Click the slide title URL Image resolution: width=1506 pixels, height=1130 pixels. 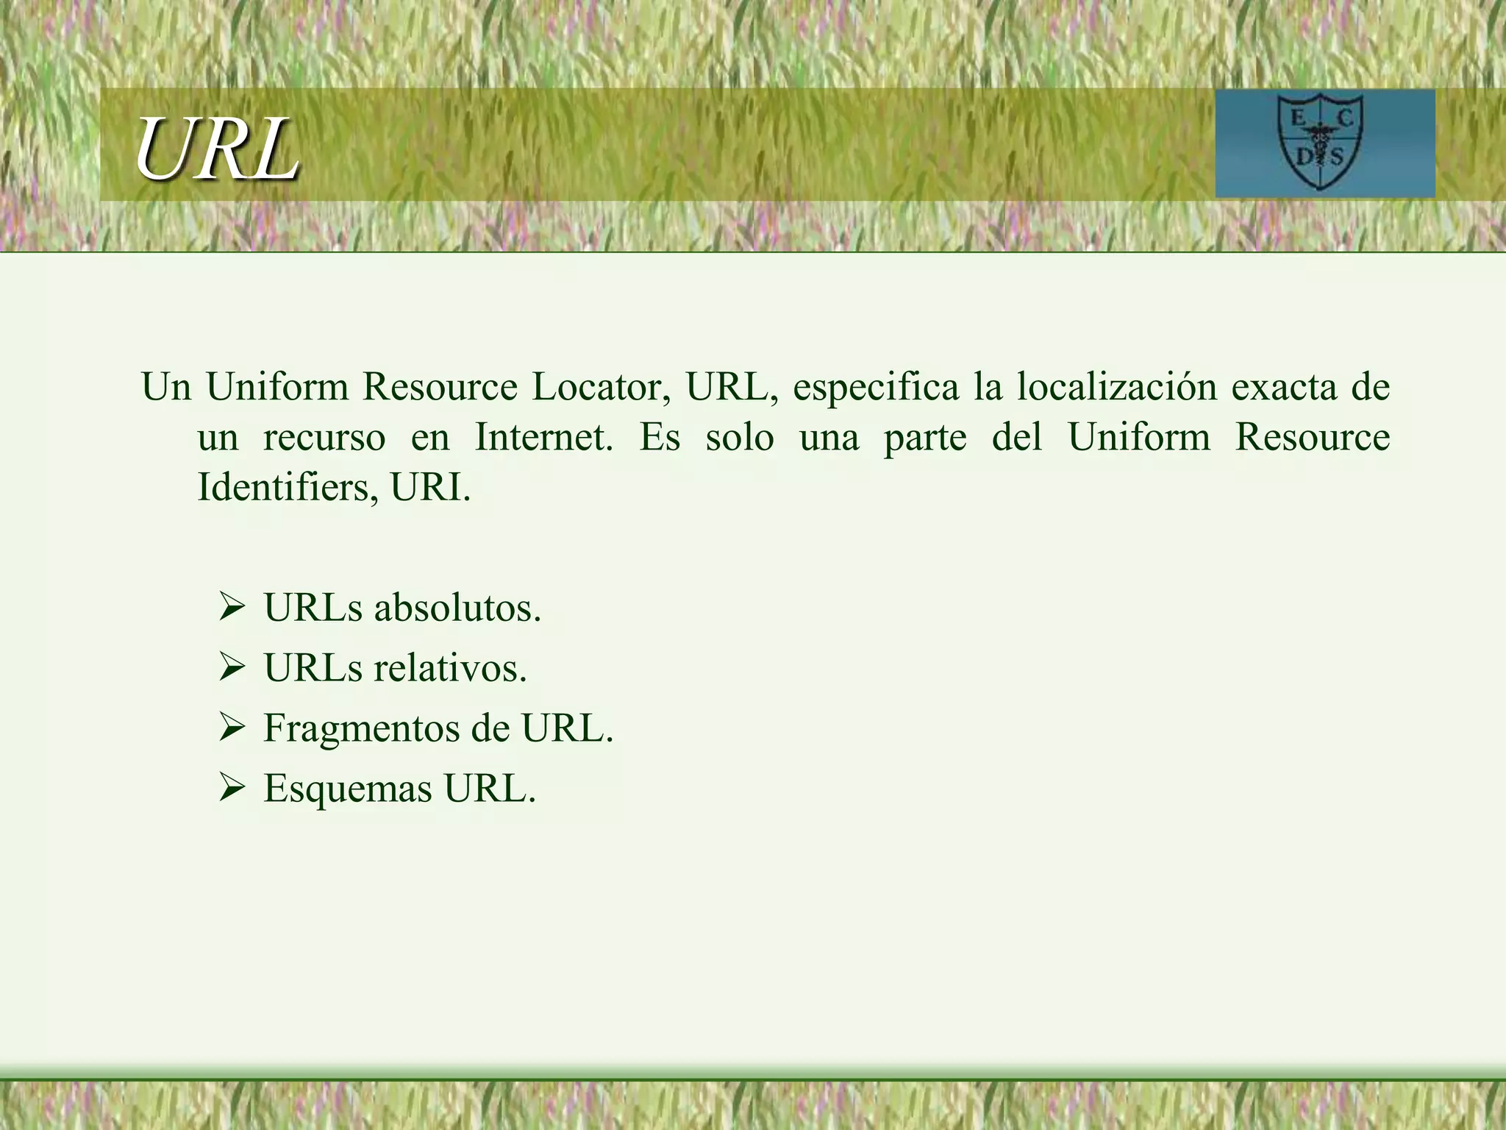pyautogui.click(x=217, y=149)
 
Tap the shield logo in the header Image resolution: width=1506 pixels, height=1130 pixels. pyautogui.click(x=1324, y=142)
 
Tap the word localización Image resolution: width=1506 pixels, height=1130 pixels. pyautogui.click(x=1117, y=387)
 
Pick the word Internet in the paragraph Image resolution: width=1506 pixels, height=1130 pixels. pyautogui.click(x=543, y=437)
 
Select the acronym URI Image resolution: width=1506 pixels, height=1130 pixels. pyautogui.click(x=430, y=487)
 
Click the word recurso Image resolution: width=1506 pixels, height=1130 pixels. pyautogui.click(x=324, y=438)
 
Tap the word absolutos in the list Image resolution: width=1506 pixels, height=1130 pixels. pyautogui.click(x=457, y=608)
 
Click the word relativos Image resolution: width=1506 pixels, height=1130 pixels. pyautogui.click(x=450, y=669)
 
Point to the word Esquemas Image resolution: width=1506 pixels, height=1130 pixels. pyautogui.click(x=348, y=789)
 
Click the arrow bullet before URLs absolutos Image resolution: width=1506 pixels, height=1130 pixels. pyautogui.click(x=232, y=608)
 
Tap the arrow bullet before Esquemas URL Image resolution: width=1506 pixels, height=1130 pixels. pyautogui.click(x=232, y=789)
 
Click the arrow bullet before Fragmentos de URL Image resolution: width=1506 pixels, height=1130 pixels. pyautogui.click(x=232, y=728)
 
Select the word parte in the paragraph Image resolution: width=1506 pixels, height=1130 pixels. pyautogui.click(x=925, y=438)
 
